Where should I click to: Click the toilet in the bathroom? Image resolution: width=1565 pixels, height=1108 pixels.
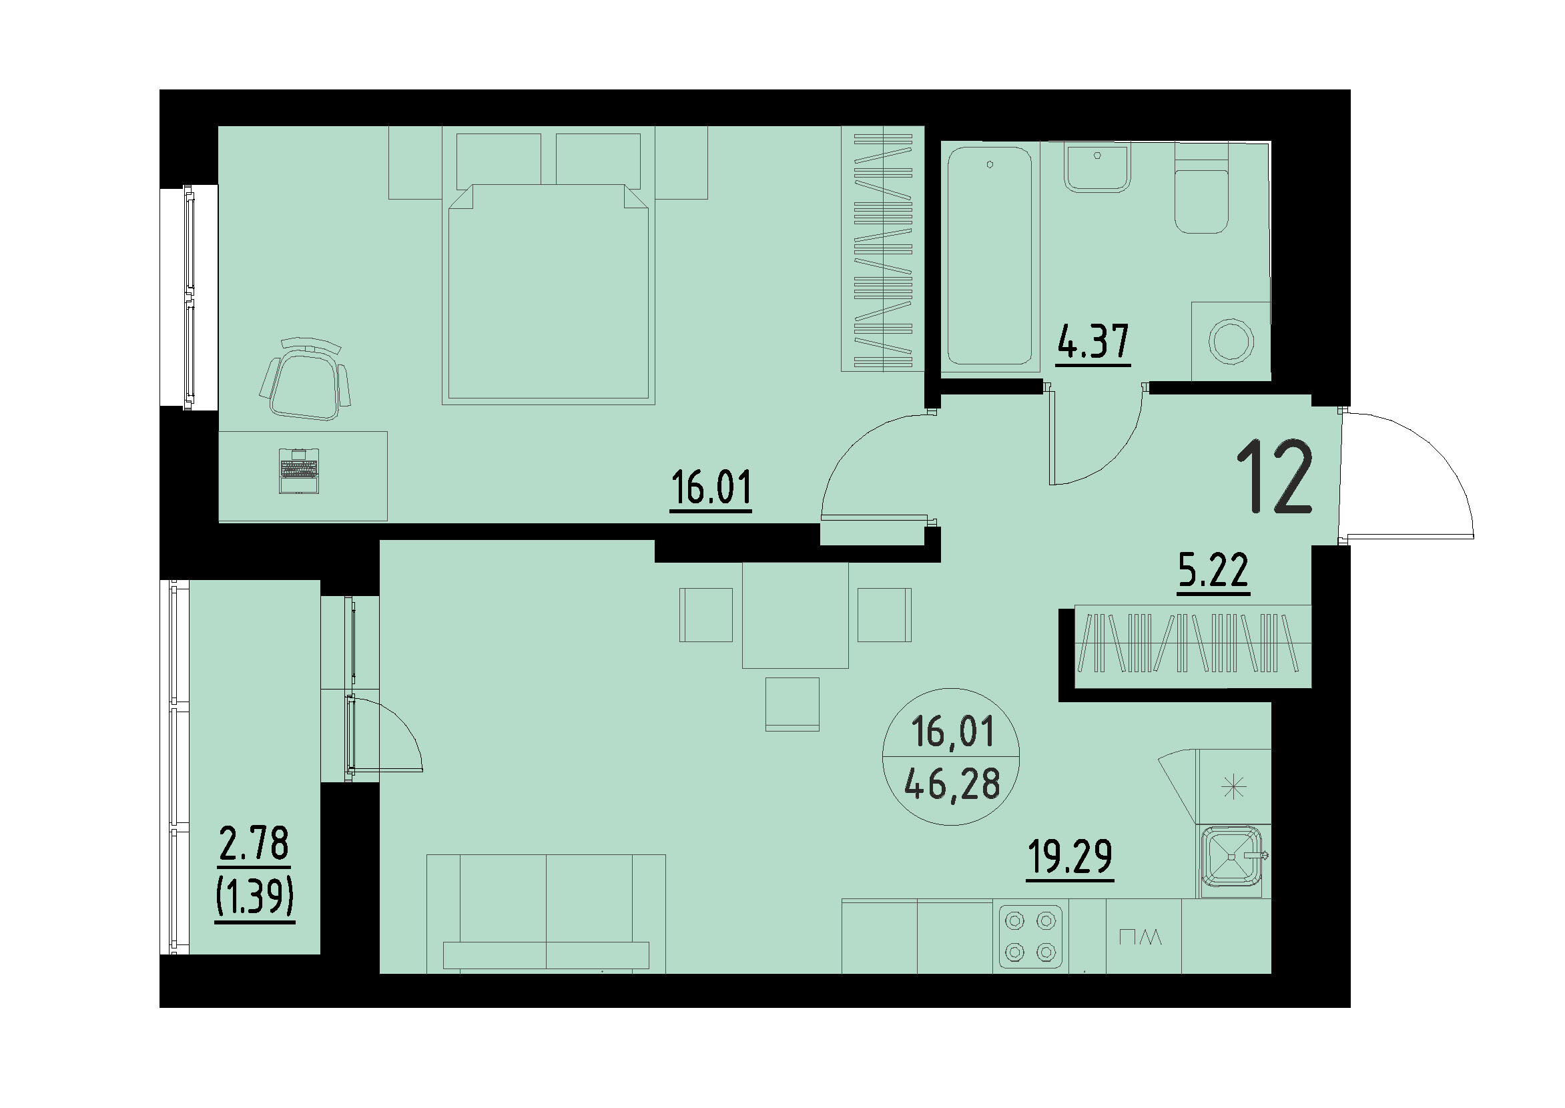pos(1201,198)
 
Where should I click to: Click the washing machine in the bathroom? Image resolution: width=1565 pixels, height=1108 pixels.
pos(1231,341)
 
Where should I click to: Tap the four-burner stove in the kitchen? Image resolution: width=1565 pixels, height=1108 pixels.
pos(1030,936)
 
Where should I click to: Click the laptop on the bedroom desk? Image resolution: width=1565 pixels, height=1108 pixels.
pos(299,470)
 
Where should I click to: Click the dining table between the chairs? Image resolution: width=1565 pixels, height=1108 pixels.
pos(795,615)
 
